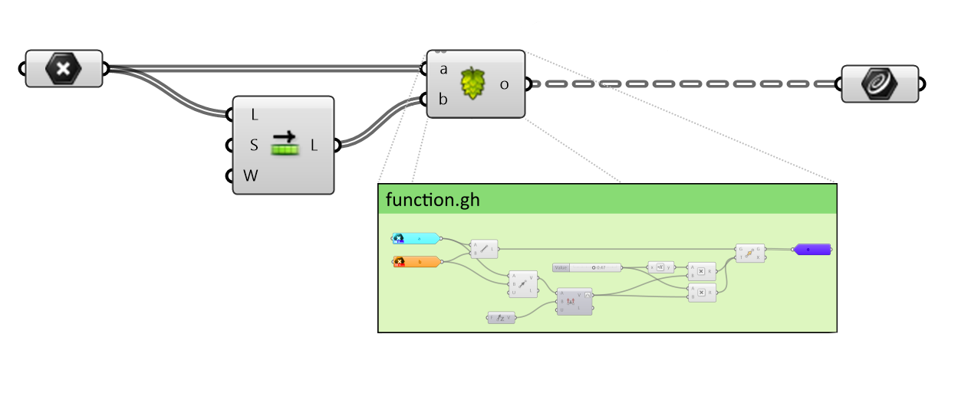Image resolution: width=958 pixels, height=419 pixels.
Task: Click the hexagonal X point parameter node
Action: [x=64, y=69]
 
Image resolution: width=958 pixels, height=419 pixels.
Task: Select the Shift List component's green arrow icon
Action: [x=285, y=143]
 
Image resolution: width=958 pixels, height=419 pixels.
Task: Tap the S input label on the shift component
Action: [x=254, y=145]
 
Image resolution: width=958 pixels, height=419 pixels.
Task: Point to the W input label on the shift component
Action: [x=251, y=175]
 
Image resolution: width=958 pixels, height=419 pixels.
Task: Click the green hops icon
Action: [x=473, y=83]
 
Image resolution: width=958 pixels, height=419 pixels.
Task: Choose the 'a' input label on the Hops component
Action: [x=443, y=69]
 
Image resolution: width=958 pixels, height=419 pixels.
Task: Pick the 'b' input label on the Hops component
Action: [x=443, y=99]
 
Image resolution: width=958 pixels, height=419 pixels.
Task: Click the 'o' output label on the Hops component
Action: [x=504, y=83]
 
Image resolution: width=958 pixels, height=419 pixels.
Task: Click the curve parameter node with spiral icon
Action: [x=879, y=83]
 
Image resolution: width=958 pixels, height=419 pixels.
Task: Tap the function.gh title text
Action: [x=433, y=200]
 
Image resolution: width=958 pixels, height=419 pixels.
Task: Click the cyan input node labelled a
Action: [x=415, y=238]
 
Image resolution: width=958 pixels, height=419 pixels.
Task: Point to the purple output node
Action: [x=812, y=249]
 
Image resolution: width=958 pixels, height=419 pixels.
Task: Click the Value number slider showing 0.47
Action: [x=586, y=267]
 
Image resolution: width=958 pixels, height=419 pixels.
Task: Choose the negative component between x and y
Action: [x=660, y=267]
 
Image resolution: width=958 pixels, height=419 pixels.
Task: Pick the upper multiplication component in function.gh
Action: [x=702, y=270]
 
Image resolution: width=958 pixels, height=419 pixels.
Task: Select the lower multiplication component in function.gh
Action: [x=702, y=292]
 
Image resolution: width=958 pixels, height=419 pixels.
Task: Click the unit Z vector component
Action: [x=501, y=317]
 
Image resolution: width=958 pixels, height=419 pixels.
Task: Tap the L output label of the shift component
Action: [x=314, y=145]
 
